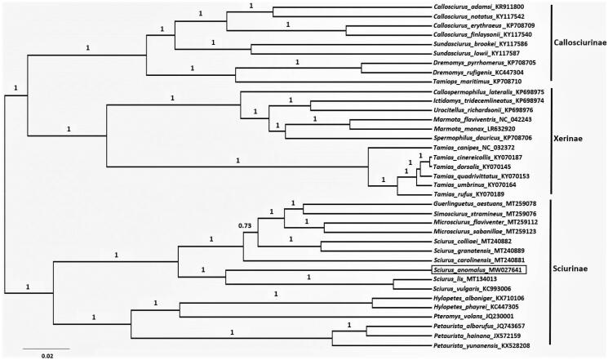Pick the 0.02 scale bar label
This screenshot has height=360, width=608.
click(48, 355)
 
